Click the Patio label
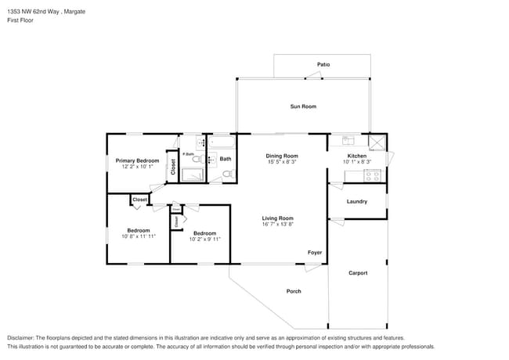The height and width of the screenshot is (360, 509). (x=323, y=64)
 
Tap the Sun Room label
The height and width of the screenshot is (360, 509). (x=303, y=106)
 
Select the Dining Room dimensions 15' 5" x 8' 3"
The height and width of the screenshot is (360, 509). (x=282, y=163)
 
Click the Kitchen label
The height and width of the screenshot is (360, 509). (x=356, y=156)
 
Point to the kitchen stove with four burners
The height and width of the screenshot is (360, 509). (x=373, y=175)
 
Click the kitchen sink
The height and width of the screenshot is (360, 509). (x=348, y=141)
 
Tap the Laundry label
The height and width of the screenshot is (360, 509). (x=357, y=202)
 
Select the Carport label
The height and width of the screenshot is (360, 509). (x=357, y=273)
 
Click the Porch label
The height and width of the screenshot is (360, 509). (x=294, y=291)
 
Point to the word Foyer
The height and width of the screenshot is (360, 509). (x=314, y=252)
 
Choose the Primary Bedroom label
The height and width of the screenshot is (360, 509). (x=137, y=160)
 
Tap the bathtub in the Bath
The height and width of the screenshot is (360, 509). (x=221, y=143)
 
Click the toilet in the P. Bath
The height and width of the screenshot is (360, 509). (x=197, y=159)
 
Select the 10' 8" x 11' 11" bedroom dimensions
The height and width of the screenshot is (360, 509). (x=139, y=236)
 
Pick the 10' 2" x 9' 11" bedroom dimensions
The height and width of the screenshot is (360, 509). (x=204, y=239)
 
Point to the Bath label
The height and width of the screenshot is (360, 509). (x=226, y=159)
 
